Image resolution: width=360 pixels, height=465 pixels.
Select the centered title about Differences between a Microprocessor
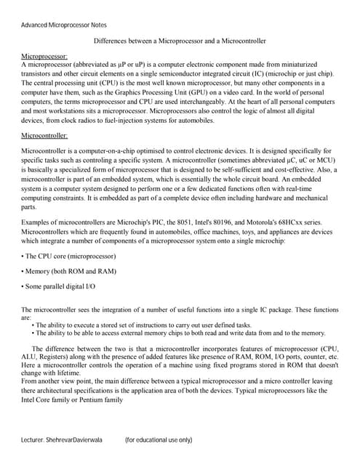tap(180, 41)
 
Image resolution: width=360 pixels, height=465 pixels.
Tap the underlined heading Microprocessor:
tap(44, 56)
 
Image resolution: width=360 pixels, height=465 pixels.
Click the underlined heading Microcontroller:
tap(45, 135)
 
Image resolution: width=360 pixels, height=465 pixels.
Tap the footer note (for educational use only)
tap(159, 440)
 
